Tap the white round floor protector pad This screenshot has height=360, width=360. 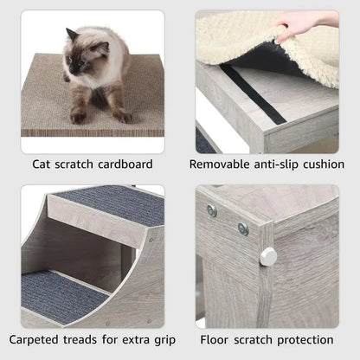pos(268,255)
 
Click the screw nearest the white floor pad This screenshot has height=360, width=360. pos(243,229)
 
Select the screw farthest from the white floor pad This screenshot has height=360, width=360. pos(212,210)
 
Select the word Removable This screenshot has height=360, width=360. pos(222,164)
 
